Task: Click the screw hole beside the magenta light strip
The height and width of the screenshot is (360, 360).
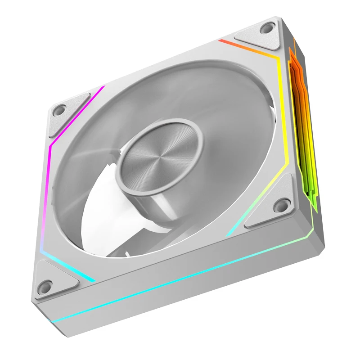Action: (59, 109)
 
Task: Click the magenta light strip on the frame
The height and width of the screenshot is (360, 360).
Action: (49, 171)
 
